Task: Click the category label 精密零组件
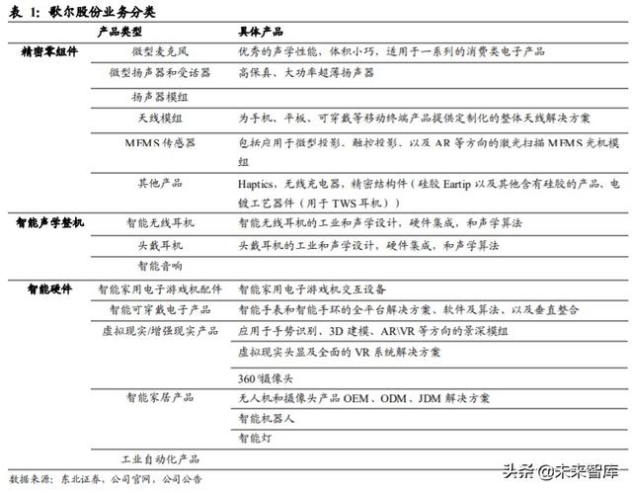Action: [47, 50]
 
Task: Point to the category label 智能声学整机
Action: [48, 224]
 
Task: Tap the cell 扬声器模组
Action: [160, 97]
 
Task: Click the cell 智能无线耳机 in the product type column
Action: [161, 224]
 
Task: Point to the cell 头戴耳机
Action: [160, 245]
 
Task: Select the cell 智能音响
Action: [160, 266]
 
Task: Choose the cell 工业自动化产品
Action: [160, 459]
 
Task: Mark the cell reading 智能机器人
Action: [266, 418]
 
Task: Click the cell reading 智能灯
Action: [254, 438]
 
